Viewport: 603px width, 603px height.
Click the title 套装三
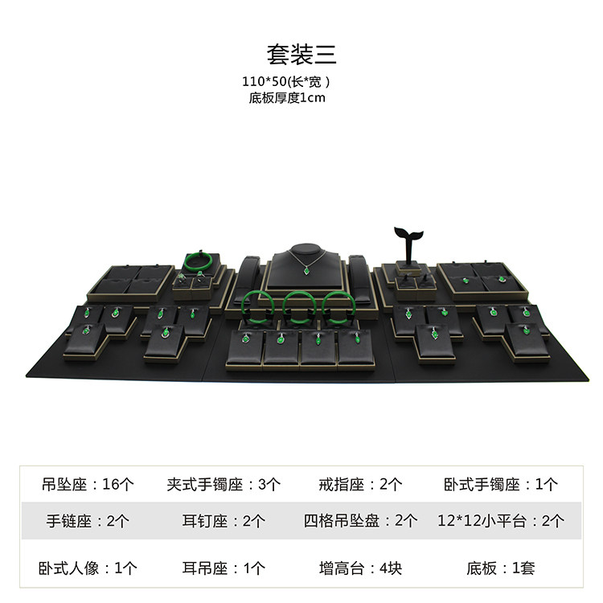pyautogui.click(x=301, y=53)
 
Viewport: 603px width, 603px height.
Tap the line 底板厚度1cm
pyautogui.click(x=287, y=97)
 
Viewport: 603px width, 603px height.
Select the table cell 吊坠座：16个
pyautogui.click(x=88, y=484)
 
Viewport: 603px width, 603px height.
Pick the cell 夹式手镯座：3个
pyautogui.click(x=224, y=484)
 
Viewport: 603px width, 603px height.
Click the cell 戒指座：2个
pyautogui.click(x=360, y=484)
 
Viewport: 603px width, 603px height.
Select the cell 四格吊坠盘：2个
pyautogui.click(x=360, y=520)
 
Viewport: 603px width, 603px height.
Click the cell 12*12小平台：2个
pyautogui.click(x=500, y=520)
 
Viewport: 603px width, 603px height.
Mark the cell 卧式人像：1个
pyautogui.click(x=88, y=568)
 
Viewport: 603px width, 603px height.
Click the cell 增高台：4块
pyautogui.click(x=360, y=568)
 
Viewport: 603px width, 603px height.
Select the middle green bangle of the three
pyautogui.click(x=297, y=303)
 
